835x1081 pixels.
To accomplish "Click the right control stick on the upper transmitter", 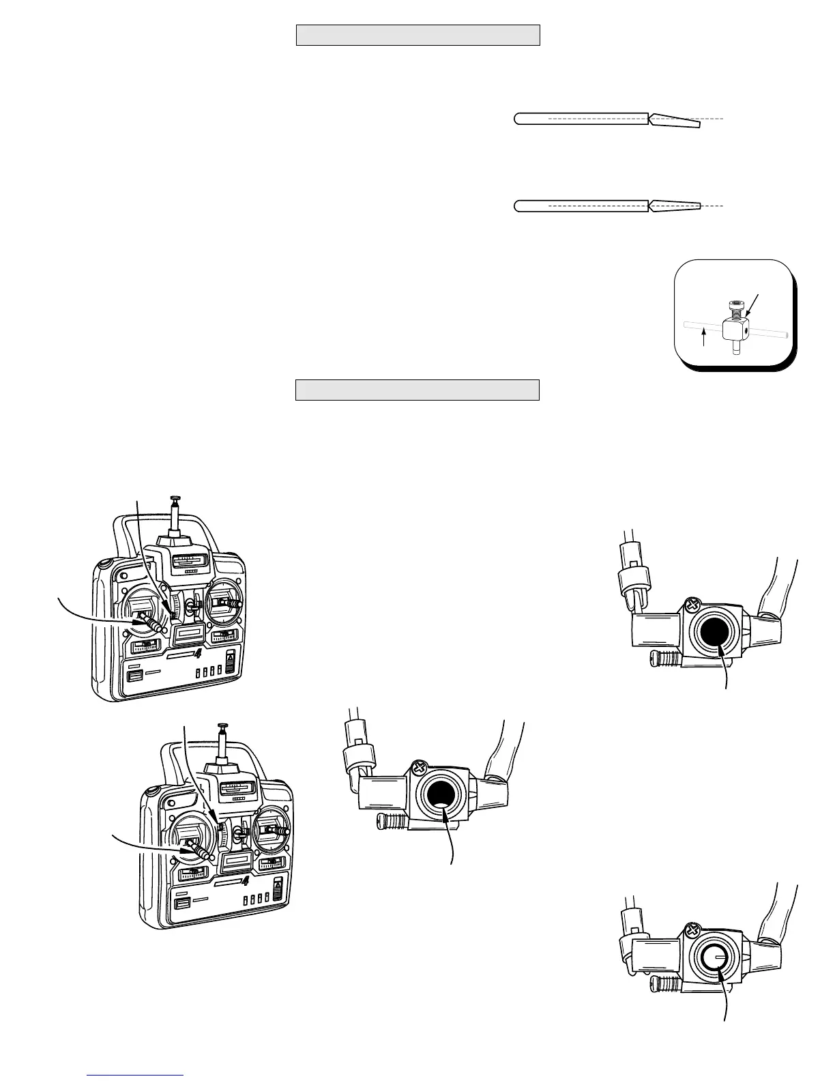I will coord(232,604).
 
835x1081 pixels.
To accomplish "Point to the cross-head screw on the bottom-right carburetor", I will coord(693,929).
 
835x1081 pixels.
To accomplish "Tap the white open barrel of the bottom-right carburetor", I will coord(714,957).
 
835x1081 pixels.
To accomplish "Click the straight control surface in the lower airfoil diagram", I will coord(675,205).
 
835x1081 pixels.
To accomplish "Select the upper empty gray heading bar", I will coord(417,35).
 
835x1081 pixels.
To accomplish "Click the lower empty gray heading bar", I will coord(417,390).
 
